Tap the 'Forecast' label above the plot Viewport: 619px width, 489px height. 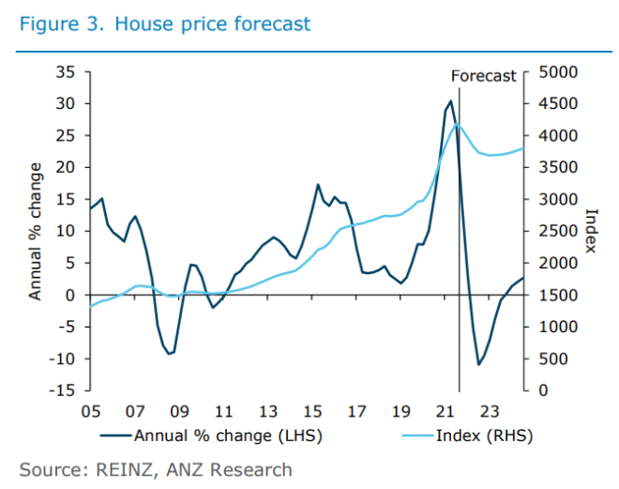click(484, 76)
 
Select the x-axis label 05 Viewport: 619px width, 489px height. click(91, 410)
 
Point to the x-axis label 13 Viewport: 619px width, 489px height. click(268, 410)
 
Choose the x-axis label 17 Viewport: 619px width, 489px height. click(357, 410)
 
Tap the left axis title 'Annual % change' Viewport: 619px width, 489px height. click(36, 231)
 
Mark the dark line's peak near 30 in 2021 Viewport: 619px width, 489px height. click(451, 101)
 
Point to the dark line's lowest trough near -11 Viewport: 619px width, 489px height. click(478, 364)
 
